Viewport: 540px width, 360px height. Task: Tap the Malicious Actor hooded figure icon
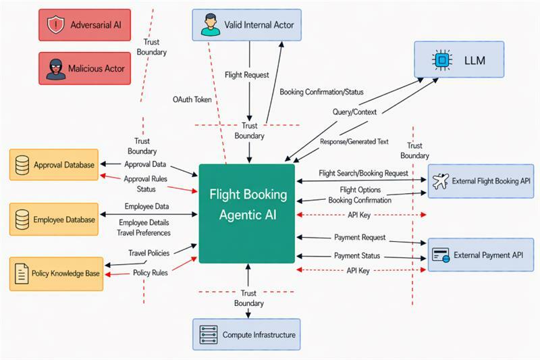click(55, 68)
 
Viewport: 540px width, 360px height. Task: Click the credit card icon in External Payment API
click(441, 255)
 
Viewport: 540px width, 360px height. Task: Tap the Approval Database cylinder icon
click(22, 164)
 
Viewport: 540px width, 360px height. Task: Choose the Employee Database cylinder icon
click(22, 219)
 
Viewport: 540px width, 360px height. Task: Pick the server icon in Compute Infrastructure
click(209, 334)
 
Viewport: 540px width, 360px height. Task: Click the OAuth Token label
click(192, 99)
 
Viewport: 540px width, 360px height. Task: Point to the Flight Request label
click(246, 75)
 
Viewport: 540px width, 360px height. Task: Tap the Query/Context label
click(354, 111)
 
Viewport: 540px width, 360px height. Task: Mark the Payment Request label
click(359, 237)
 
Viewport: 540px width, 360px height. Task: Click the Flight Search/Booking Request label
click(363, 173)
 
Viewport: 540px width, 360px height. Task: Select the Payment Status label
click(357, 255)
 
